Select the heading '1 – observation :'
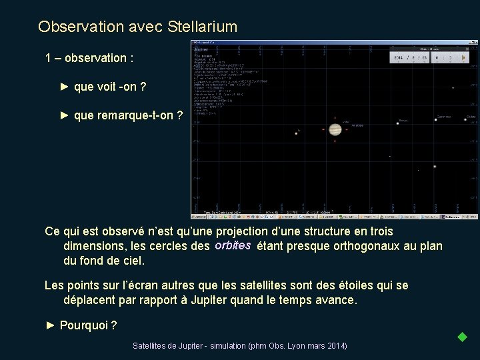pyautogui.click(x=89, y=58)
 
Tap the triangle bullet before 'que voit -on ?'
pyautogui.click(x=65, y=87)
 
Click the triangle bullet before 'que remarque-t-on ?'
pyautogui.click(x=65, y=115)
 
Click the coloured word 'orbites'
pyautogui.click(x=233, y=245)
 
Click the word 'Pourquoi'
pyautogui.click(x=82, y=325)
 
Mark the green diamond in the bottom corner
pyautogui.click(x=461, y=337)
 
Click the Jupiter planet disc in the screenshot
pyautogui.click(x=335, y=129)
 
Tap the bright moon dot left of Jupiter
pyautogui.click(x=296, y=133)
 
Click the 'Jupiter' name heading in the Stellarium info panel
pyautogui.click(x=201, y=49)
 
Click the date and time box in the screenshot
pyautogui.click(x=407, y=58)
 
